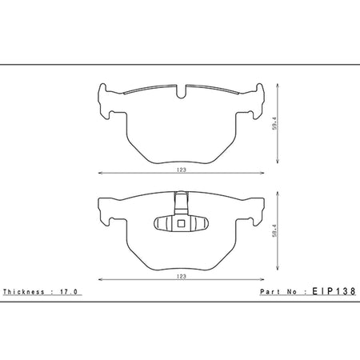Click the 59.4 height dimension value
coord(275,123)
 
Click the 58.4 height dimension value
coord(275,230)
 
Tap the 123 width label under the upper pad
coord(181,170)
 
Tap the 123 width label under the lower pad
coord(181,277)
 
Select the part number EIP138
coord(334,291)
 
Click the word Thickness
coord(23,292)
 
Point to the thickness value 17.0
coord(69,292)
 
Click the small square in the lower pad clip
coord(181,223)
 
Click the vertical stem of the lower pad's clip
coord(181,203)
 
